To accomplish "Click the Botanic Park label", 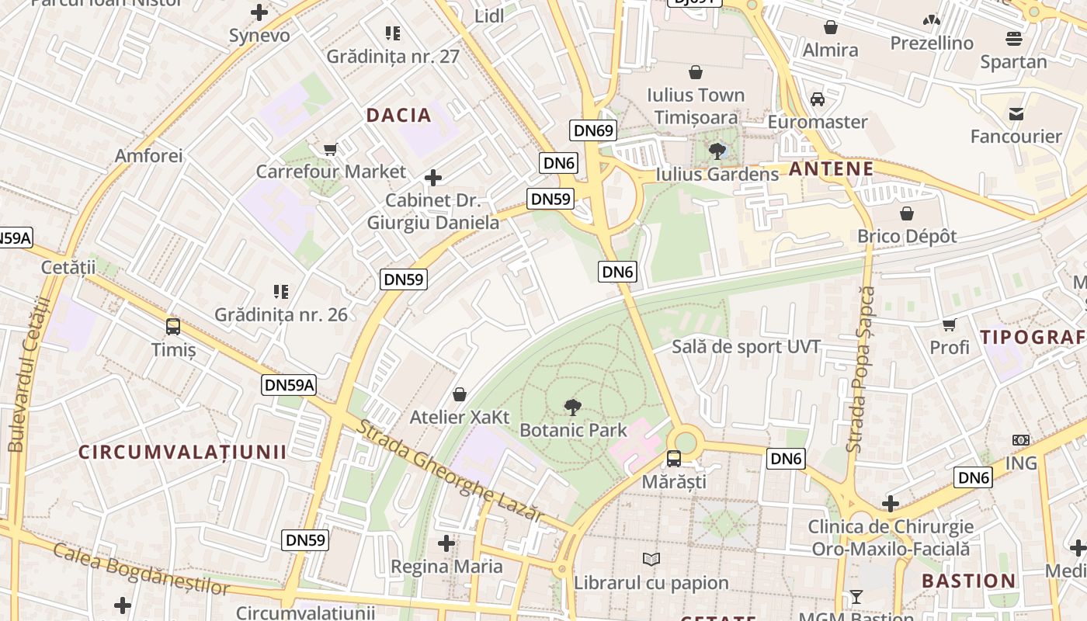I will point(573,430).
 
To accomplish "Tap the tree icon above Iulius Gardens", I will point(717,151).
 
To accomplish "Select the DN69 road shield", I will point(593,130).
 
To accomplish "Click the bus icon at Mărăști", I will point(673,458).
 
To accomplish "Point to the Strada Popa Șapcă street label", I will point(861,369).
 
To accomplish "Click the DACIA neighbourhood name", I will point(398,116).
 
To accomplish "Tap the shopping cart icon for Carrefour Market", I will point(331,149).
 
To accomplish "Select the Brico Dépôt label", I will point(907,236).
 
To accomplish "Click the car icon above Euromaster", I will point(818,99).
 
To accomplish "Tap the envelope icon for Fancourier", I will point(1016,114).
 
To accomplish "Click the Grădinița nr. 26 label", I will point(281,314).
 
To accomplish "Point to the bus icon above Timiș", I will point(173,327).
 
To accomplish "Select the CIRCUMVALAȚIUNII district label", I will point(182,452).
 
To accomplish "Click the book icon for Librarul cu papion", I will point(651,560).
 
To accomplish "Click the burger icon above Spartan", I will point(1013,39).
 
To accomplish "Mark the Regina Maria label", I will point(446,567).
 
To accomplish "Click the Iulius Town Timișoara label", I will point(696,106).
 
